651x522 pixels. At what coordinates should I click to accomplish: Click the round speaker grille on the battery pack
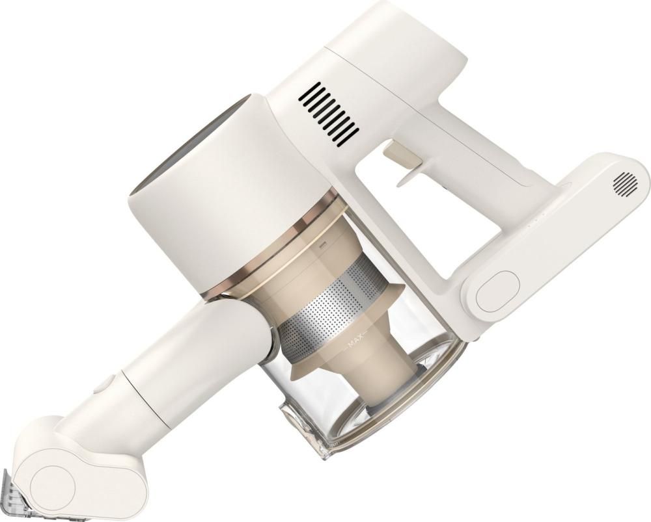tap(626, 184)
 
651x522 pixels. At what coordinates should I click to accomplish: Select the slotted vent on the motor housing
tap(329, 114)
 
